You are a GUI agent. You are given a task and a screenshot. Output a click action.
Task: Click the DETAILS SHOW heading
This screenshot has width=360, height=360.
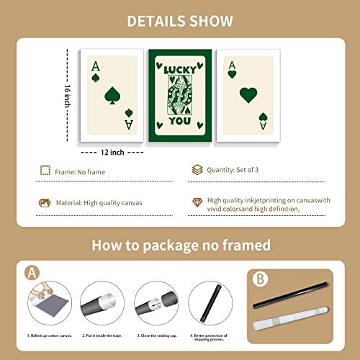[x=179, y=21]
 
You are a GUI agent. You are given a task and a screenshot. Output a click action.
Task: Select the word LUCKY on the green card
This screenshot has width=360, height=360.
[x=179, y=70]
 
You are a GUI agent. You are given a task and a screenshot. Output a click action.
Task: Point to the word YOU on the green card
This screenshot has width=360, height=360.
[x=180, y=121]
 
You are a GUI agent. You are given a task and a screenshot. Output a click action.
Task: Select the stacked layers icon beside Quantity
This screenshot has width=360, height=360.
[x=197, y=171]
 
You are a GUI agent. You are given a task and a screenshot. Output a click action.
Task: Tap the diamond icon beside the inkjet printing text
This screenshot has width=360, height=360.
[x=197, y=203]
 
